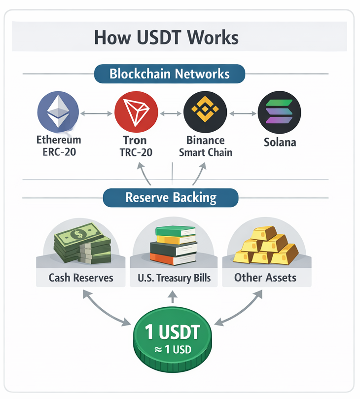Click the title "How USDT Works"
point(166,37)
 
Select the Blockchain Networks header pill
point(169,74)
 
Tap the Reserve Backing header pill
point(171,198)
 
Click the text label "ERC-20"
point(59,152)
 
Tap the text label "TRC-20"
point(136,152)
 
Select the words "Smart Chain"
point(206,152)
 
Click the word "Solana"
point(279,143)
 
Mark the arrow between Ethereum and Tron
point(97,113)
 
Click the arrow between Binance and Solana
point(242,113)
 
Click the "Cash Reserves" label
point(81,278)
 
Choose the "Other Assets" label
point(265,277)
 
